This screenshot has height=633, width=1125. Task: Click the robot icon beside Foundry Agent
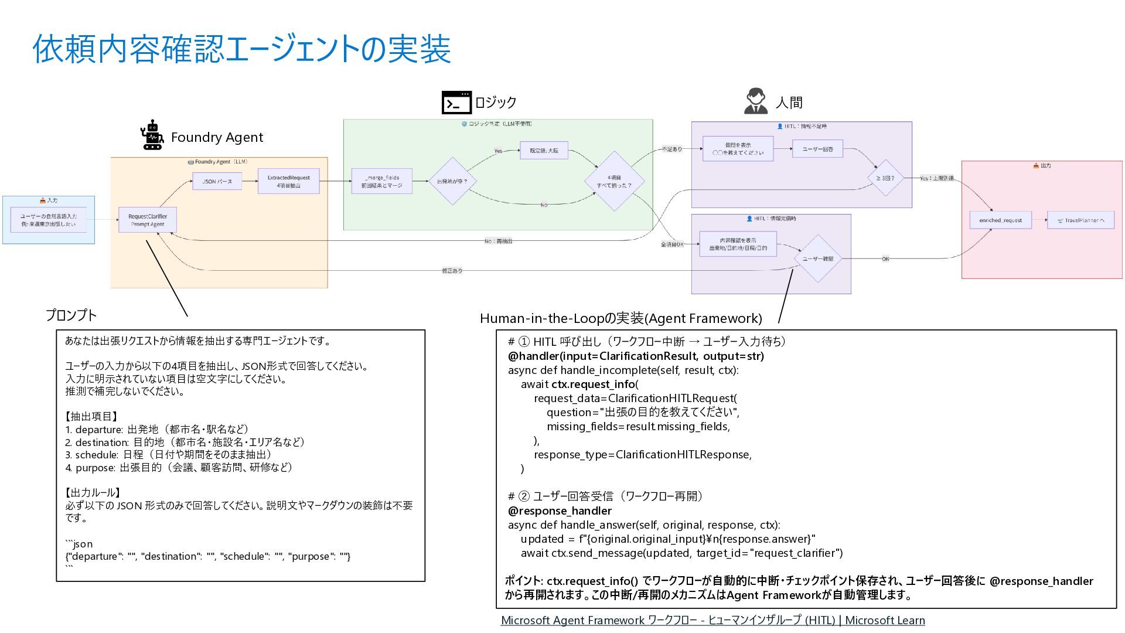point(152,135)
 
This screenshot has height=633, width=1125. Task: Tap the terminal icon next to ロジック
point(456,103)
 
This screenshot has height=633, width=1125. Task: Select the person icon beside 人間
point(756,101)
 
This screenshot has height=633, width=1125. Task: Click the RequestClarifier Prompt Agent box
point(148,220)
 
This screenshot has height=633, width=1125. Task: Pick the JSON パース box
point(217,182)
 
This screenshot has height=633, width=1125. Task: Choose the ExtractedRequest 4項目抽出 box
point(288,181)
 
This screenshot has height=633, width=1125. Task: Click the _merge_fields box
point(381,181)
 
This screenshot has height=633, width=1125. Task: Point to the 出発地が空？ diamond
point(452,181)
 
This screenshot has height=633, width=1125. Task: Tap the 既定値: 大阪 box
point(544,151)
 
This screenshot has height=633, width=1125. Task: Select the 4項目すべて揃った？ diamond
point(614,181)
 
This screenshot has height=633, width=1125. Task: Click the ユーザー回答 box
point(817,149)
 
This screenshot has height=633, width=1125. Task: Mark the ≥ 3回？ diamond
point(885,178)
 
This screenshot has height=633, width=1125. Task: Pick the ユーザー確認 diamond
point(817,258)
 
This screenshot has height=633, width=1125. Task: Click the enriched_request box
point(1000,220)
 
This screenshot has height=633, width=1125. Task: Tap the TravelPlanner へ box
point(1080,220)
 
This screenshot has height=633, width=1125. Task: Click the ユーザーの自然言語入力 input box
point(49,220)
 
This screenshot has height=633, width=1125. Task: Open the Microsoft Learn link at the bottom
point(712,620)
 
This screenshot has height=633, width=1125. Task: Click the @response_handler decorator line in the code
point(551,511)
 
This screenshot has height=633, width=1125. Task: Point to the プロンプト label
point(71,315)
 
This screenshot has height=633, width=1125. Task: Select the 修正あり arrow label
point(452,271)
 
